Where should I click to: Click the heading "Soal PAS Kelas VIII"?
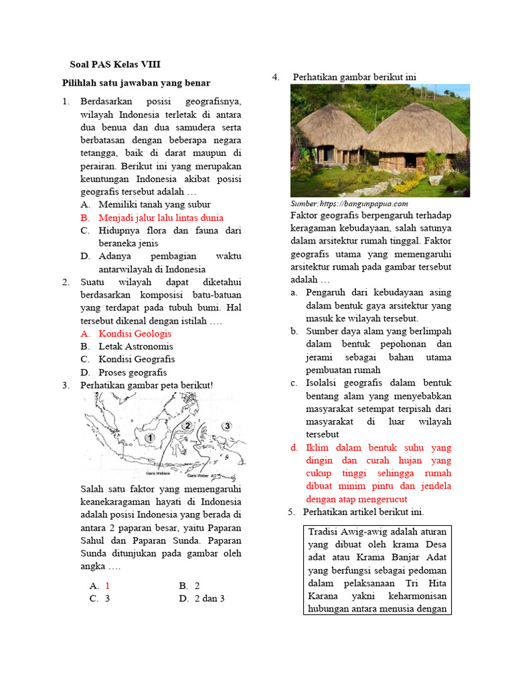[115, 65]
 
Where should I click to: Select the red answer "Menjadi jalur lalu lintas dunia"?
[161, 217]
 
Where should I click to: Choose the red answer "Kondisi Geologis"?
[135, 333]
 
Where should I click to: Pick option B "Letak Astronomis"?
[135, 347]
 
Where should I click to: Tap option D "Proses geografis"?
[133, 373]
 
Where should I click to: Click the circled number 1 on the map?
[151, 437]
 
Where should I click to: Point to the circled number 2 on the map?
[187, 425]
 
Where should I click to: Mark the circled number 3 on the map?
[227, 426]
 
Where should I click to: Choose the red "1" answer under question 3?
[107, 585]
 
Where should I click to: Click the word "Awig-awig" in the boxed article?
[370, 532]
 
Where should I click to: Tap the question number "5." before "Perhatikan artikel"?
[292, 512]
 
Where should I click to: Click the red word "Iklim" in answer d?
[318, 448]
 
